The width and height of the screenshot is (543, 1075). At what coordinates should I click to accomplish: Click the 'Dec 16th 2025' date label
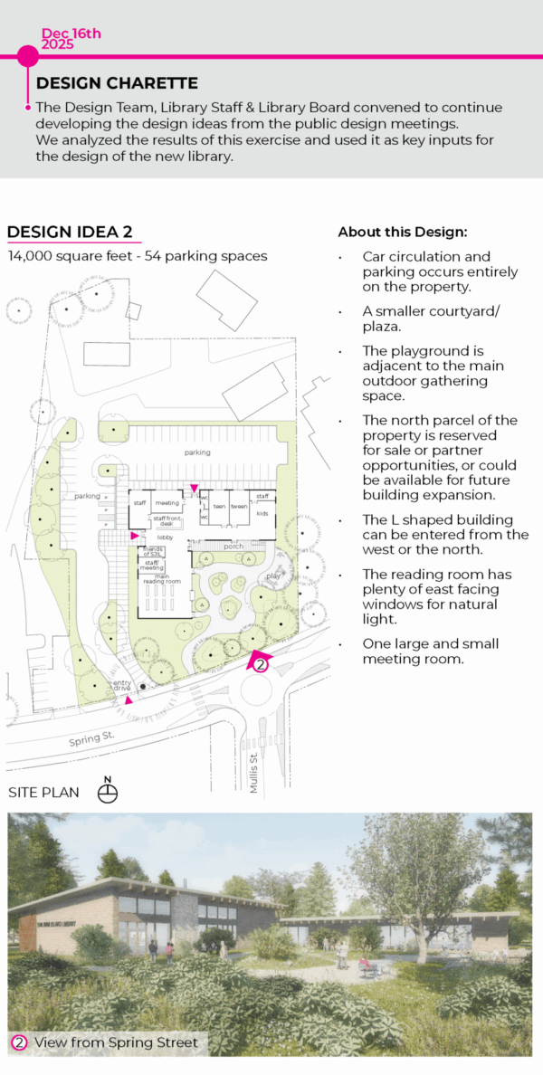coord(71,38)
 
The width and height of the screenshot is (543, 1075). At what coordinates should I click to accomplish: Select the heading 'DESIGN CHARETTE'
coord(117,83)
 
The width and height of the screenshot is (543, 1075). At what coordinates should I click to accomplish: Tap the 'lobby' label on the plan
coord(165,537)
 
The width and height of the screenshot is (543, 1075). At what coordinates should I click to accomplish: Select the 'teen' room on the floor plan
coord(218,506)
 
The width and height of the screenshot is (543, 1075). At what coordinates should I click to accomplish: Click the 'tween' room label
coord(240,506)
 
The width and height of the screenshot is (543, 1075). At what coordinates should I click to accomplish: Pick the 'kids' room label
coord(262,513)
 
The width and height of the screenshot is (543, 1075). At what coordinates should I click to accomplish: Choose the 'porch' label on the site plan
coord(233,546)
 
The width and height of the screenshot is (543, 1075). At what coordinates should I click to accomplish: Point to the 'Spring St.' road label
coord(92,740)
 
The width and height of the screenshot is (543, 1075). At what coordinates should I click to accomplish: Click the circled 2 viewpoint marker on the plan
coord(261,664)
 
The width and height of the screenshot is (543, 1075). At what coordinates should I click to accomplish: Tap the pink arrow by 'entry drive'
coord(129,700)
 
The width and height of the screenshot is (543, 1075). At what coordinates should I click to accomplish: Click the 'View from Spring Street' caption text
coord(116,1042)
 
